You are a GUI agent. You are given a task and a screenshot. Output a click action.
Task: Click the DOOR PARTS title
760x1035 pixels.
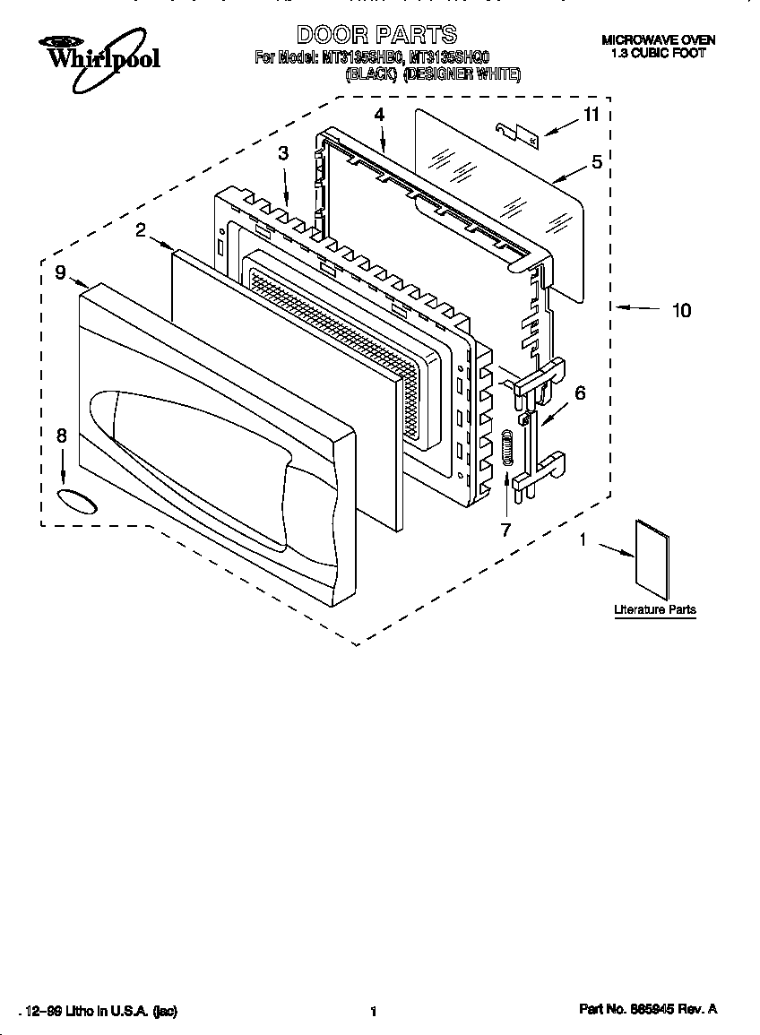(376, 35)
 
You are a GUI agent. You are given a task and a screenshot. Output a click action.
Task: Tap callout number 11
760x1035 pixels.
(591, 115)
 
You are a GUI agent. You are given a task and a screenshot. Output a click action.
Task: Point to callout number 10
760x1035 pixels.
(681, 310)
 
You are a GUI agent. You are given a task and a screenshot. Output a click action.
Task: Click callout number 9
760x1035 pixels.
(59, 272)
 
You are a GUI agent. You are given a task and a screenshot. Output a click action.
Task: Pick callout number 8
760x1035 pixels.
(61, 436)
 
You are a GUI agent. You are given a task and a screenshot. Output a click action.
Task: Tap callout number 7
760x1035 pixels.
(505, 529)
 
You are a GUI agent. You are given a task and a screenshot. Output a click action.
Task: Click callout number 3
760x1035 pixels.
(283, 153)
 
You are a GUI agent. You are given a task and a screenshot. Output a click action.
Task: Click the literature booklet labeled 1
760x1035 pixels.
(652, 559)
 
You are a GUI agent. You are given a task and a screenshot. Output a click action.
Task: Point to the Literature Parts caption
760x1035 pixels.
(654, 609)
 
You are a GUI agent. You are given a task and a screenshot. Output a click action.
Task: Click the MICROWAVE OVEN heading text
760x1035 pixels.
(658, 40)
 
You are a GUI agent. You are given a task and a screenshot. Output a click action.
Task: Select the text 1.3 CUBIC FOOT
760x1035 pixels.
(658, 53)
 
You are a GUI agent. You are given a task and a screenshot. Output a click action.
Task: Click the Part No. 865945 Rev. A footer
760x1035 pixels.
(648, 1010)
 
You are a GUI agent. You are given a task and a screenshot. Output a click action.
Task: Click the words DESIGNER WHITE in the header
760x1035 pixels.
(462, 74)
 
